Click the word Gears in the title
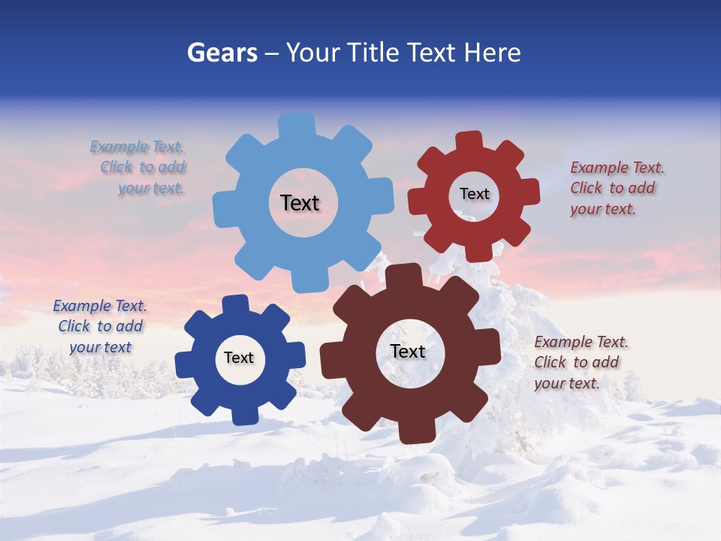pos(222,53)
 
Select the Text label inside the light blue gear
pos(300,203)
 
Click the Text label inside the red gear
pos(474,194)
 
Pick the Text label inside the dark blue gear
pos(239,358)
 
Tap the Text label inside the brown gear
pos(408,351)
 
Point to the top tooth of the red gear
pos(469,141)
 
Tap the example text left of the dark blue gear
pos(100,326)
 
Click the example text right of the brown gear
pos(578,362)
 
